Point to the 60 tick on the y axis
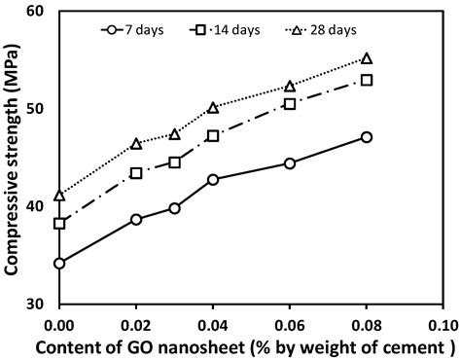pyautogui.click(x=39, y=12)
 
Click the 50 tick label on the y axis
pyautogui.click(x=39, y=109)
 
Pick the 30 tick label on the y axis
pyautogui.click(x=39, y=304)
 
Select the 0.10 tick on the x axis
pyautogui.click(x=443, y=322)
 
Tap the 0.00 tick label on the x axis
pyautogui.click(x=59, y=322)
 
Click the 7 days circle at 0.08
pyautogui.click(x=367, y=137)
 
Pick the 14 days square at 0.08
pyautogui.click(x=367, y=80)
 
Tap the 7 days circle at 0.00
pyautogui.click(x=59, y=263)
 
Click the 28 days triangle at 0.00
pyautogui.click(x=59, y=196)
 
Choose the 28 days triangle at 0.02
pyautogui.click(x=136, y=144)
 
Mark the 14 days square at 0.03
pyautogui.click(x=175, y=162)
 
